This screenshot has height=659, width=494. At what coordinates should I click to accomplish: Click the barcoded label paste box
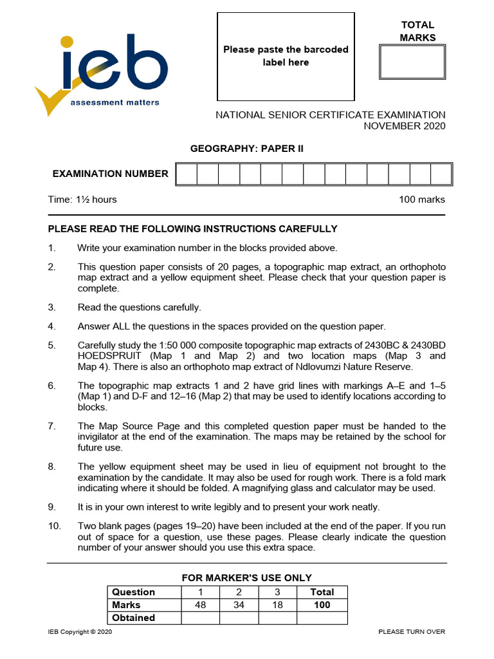[286, 57]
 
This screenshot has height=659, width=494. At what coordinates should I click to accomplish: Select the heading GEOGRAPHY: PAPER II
[246, 149]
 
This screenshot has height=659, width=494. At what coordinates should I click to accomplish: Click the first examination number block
[186, 174]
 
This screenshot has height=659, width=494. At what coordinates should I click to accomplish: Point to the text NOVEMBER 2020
[404, 126]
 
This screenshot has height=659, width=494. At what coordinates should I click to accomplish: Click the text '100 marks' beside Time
[421, 200]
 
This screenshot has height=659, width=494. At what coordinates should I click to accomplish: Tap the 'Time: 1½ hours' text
[82, 200]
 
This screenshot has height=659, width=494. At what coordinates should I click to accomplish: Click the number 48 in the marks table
[200, 605]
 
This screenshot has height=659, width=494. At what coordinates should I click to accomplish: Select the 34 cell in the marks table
[239, 605]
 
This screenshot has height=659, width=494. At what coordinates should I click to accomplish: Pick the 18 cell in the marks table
[277, 605]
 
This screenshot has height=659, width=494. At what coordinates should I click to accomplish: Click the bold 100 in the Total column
[322, 605]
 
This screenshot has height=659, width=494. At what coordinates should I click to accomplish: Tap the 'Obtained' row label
[134, 618]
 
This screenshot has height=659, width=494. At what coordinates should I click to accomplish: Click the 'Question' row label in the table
[134, 592]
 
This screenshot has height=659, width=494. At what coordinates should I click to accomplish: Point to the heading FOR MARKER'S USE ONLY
[246, 578]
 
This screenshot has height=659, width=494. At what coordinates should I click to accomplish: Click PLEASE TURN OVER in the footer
[412, 632]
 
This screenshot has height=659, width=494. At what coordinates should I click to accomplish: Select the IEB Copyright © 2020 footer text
[80, 632]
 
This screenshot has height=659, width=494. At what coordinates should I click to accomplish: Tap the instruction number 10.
[55, 526]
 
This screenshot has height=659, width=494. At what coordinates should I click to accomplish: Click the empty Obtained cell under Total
[322, 618]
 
